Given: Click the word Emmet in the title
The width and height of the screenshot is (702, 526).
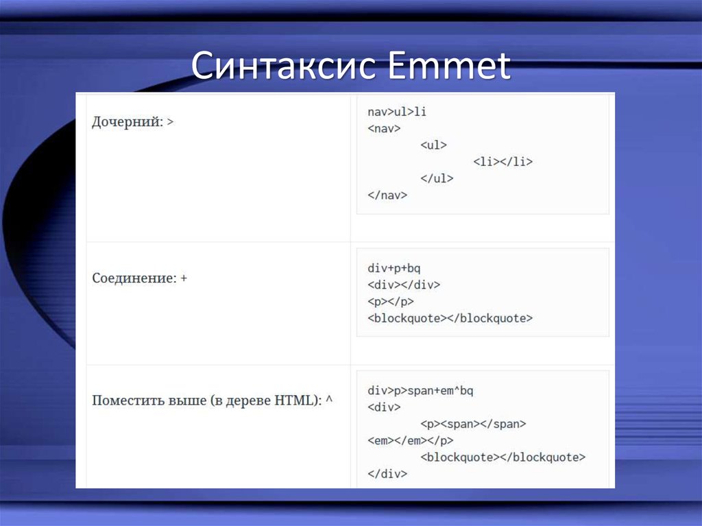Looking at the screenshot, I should click(444, 67).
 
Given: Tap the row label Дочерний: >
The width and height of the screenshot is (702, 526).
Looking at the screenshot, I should click(133, 122).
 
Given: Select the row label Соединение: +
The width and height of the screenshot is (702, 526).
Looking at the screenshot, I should click(140, 279).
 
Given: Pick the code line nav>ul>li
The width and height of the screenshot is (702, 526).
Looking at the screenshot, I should click(397, 112).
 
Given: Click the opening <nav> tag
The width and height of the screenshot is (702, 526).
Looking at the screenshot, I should click(384, 128).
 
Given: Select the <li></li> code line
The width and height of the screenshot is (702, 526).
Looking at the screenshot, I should click(503, 162).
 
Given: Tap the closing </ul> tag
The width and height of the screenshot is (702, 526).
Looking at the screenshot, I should click(437, 178).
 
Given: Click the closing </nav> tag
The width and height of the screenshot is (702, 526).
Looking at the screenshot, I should click(387, 195).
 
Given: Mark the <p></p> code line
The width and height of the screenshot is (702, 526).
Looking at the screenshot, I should click(391, 301).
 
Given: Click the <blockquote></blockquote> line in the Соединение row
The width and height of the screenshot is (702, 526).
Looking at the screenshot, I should click(450, 318).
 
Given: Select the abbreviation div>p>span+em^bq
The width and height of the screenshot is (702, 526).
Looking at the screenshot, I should click(420, 391).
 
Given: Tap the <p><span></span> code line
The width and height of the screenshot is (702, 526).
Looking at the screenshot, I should click(473, 424).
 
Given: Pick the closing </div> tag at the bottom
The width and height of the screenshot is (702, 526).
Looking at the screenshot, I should click(387, 473).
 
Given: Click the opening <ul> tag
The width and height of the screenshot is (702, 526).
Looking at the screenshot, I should click(433, 145).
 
